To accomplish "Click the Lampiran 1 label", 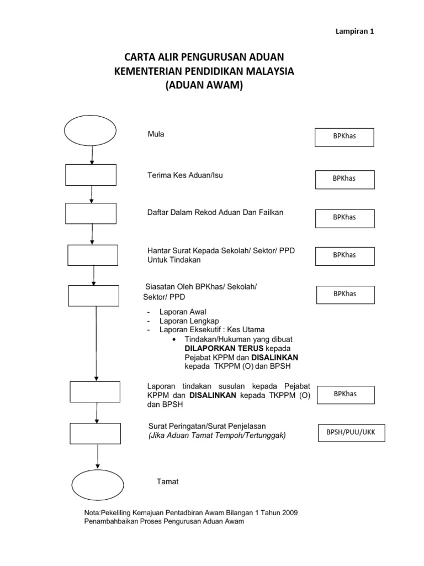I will click(356, 32).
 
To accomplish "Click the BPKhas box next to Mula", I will click(344, 138).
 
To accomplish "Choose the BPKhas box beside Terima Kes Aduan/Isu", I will click(344, 179).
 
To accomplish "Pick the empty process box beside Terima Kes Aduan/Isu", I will click(91, 175).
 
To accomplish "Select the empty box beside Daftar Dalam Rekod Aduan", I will click(91, 213).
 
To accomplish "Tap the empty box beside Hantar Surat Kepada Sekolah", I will click(93, 255).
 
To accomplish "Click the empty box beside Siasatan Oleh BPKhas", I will click(93, 295).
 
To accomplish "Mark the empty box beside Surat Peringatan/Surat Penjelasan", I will click(96, 434).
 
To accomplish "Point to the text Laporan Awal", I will click(183, 312).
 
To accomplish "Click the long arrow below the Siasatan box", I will click(96, 343).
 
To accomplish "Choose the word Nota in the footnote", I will click(92, 513).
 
